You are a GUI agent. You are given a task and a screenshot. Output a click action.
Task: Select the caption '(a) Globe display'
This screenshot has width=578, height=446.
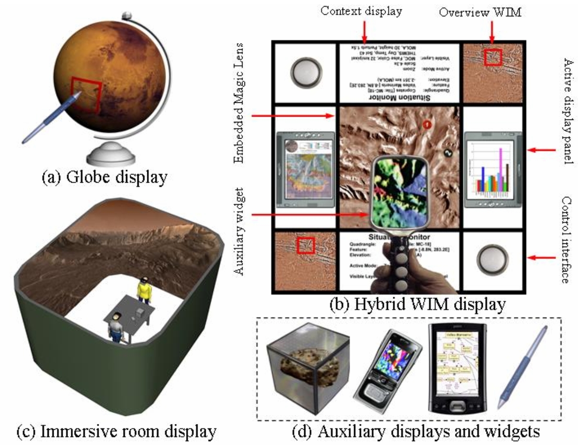click(x=104, y=178)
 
